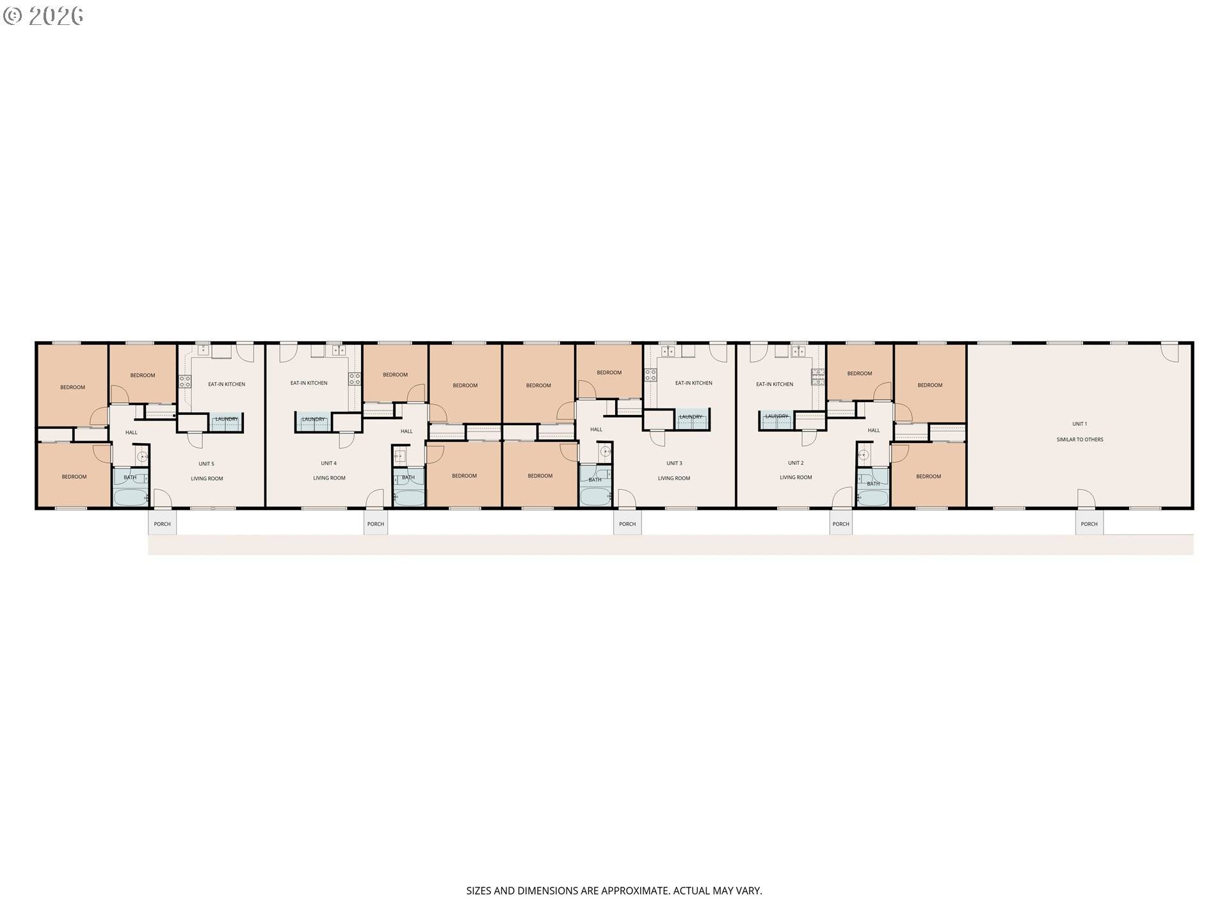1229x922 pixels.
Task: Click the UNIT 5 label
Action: point(206,464)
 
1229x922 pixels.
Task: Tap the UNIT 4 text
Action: point(328,463)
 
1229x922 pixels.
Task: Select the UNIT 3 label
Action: point(674,463)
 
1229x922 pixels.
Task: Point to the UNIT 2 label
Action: point(796,462)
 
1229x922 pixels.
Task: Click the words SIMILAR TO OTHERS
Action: point(1080,440)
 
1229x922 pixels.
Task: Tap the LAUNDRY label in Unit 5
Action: point(227,419)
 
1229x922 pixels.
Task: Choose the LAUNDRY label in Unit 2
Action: point(776,417)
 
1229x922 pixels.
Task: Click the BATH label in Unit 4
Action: point(408,478)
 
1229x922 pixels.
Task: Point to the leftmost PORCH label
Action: point(162,524)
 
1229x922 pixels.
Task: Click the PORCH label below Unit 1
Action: point(1089,524)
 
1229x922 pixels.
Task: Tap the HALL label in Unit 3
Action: point(596,430)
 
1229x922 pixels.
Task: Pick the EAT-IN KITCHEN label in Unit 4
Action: point(309,383)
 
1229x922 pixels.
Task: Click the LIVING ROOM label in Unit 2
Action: point(796,478)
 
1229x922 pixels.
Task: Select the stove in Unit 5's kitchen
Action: point(184,382)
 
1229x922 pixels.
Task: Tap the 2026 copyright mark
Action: point(44,15)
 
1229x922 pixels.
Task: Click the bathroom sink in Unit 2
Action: point(863,456)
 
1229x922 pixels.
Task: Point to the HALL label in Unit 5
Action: point(131,432)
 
